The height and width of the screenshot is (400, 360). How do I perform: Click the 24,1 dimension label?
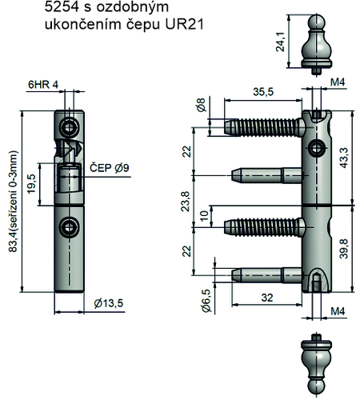click(281, 42)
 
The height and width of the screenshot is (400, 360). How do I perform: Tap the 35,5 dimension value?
click(263, 92)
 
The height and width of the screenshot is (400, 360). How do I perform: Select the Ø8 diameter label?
click(202, 105)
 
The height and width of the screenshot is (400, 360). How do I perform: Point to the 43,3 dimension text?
click(344, 158)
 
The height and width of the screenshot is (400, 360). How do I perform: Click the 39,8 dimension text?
click(344, 249)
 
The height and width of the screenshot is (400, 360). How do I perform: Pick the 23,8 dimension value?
click(186, 202)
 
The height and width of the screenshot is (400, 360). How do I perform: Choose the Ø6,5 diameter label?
click(206, 300)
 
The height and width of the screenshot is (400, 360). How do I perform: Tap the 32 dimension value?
click(267, 298)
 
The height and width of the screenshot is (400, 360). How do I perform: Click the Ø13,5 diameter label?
click(109, 303)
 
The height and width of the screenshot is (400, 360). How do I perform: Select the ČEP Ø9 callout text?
click(110, 168)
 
